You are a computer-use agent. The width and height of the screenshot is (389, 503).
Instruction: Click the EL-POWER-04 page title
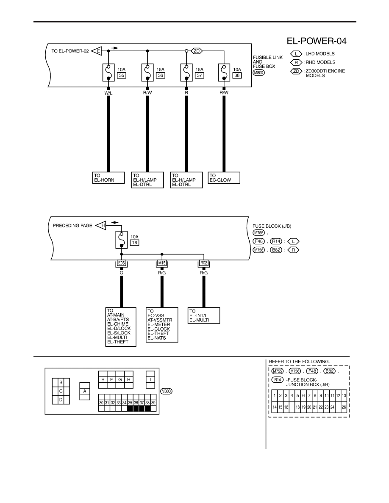[x=317, y=41]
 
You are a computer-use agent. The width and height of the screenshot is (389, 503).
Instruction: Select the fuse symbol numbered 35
[x=108, y=72]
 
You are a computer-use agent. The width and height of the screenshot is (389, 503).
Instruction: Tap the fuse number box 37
[x=199, y=75]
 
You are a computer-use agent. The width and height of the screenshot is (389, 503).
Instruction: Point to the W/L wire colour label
[x=108, y=93]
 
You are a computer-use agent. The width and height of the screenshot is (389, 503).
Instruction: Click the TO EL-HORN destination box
[x=108, y=178]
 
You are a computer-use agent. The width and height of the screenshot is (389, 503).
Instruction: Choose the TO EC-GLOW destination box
[x=224, y=178]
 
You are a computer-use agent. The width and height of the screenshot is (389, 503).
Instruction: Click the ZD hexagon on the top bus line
[x=197, y=51]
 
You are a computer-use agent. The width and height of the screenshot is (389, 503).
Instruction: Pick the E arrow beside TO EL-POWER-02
[x=97, y=51]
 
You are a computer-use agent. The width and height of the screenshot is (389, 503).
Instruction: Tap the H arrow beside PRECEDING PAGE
[x=101, y=225]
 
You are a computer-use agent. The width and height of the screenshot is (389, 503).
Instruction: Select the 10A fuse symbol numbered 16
[x=121, y=240]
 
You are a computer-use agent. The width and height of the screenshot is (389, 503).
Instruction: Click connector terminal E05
[x=121, y=263]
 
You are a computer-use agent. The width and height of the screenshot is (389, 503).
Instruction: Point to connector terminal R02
[x=204, y=263]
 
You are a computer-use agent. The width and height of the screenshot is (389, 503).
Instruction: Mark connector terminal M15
[x=162, y=263]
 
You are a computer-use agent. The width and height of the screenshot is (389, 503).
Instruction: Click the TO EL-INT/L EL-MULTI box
[x=204, y=316]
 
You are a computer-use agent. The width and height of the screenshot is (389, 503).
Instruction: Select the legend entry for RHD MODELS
[x=313, y=63]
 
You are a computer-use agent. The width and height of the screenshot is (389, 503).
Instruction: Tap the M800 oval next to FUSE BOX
[x=258, y=73]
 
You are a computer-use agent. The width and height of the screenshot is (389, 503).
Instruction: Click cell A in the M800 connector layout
[x=85, y=391]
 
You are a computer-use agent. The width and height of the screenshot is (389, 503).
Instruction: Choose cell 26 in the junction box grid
[x=344, y=407]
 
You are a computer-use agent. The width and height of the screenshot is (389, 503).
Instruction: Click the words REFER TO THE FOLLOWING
[x=299, y=362]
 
